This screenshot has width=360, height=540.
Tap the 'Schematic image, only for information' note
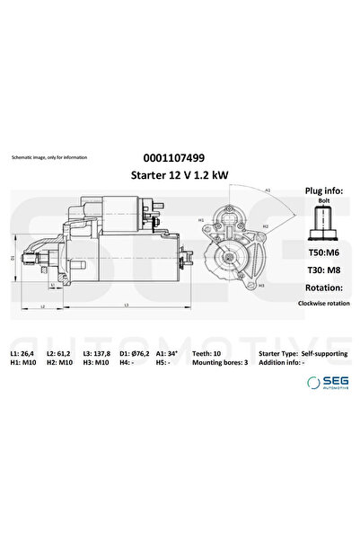coord(49,157)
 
